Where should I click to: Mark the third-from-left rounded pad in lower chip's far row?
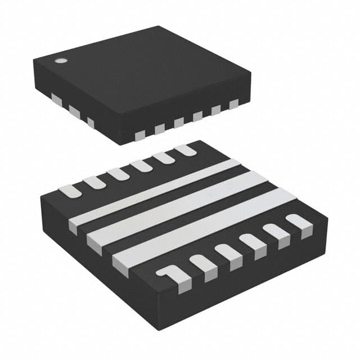(119, 173)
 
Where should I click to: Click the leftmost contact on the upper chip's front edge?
(140, 134)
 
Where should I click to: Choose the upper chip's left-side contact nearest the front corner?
(91, 121)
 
